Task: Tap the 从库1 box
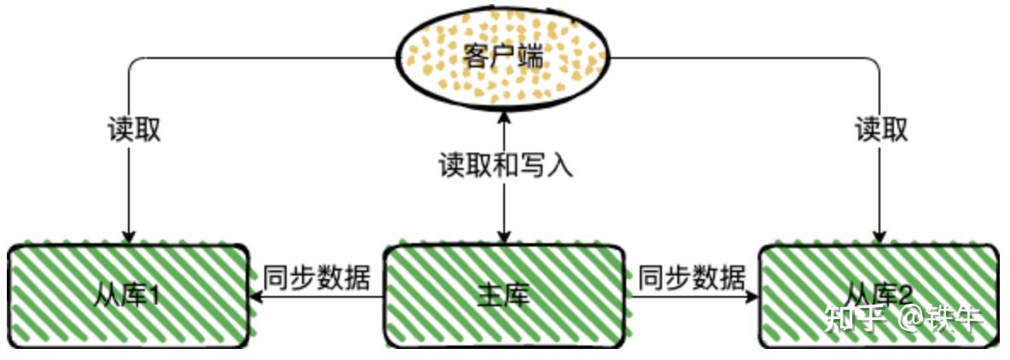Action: click(128, 297)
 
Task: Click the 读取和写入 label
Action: click(505, 164)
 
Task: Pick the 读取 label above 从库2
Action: click(881, 130)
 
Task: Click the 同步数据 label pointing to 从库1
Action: click(316, 277)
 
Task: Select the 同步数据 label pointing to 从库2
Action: click(692, 277)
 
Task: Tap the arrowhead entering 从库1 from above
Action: click(129, 236)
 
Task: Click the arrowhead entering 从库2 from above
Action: click(879, 236)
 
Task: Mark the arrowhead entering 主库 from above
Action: click(504, 236)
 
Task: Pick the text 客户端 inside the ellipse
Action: click(503, 58)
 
